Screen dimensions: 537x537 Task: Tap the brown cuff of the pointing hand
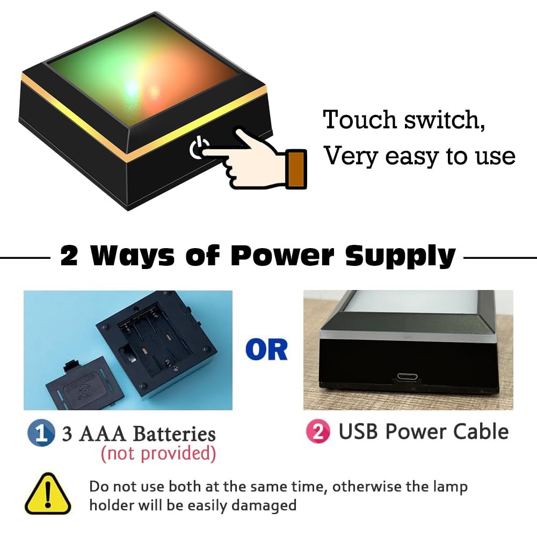[x=296, y=169]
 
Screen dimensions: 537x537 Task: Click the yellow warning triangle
[x=48, y=494]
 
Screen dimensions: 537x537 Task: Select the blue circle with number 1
[x=41, y=432]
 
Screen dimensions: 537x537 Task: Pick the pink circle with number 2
[x=318, y=432]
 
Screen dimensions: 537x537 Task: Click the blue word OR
[x=267, y=350]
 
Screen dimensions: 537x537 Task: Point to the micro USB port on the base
[x=408, y=377]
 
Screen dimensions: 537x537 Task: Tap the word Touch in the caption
[x=360, y=119]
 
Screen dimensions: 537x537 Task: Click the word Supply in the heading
[x=401, y=256]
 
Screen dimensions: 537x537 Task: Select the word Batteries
[x=175, y=433]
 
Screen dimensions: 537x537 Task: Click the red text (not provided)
[x=158, y=453]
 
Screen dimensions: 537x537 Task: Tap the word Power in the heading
[x=282, y=256]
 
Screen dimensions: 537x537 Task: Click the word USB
[x=360, y=431]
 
